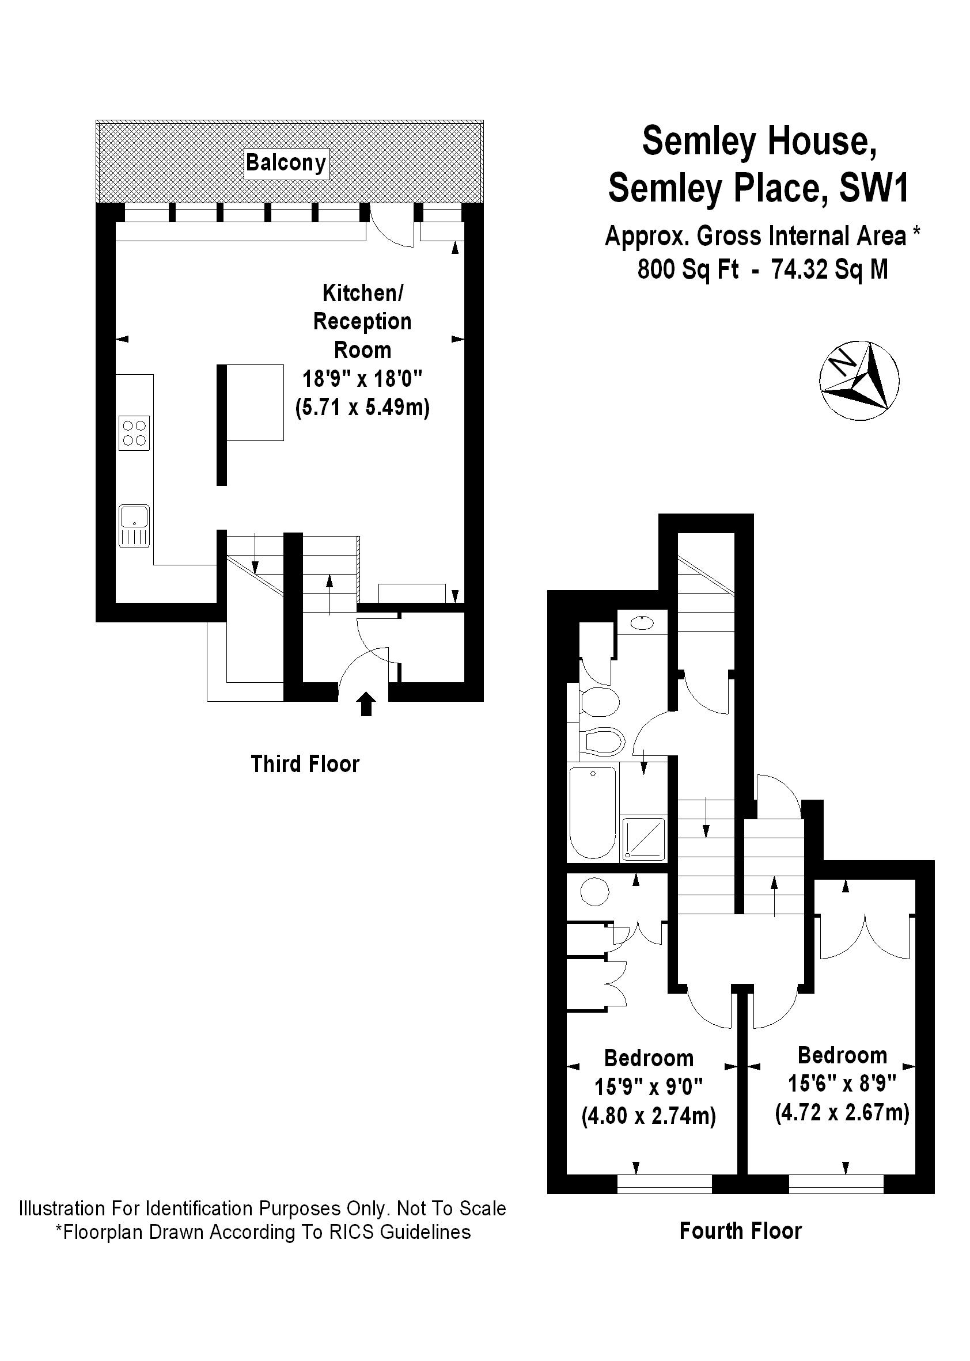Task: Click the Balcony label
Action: click(286, 163)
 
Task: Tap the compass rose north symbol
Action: click(859, 379)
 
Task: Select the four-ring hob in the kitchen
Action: click(134, 434)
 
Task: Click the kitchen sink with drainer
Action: click(134, 526)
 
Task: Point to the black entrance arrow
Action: click(366, 704)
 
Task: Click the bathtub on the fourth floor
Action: click(593, 812)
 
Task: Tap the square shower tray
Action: click(644, 839)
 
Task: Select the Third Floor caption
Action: click(305, 765)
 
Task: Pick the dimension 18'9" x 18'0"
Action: click(362, 379)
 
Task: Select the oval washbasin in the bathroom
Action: click(642, 622)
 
